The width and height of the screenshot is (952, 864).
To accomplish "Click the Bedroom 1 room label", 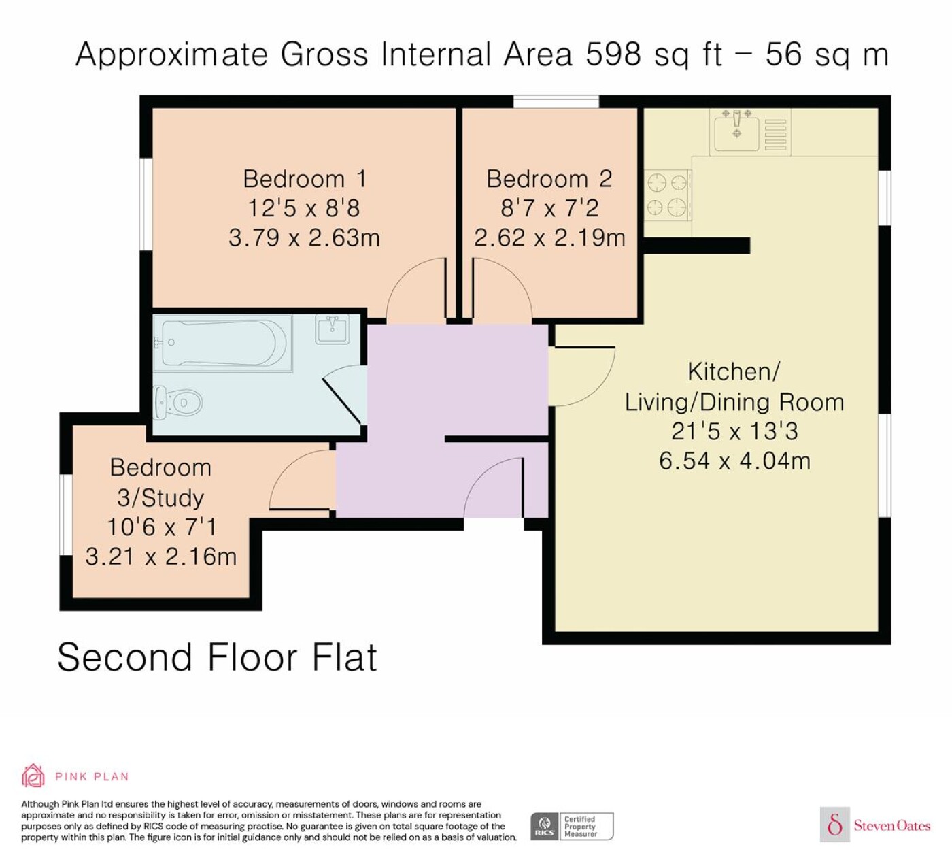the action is coord(305,179).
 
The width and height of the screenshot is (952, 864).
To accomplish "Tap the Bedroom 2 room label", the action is coord(549,179).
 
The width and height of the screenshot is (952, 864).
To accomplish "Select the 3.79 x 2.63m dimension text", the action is coord(304,237).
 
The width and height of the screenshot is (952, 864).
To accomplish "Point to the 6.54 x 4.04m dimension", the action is coord(734,461).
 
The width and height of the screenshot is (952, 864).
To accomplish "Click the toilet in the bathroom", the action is coord(178,403).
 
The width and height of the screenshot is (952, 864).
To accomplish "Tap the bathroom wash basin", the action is coord(333,329).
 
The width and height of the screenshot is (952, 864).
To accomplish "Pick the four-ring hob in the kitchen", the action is coord(668,195).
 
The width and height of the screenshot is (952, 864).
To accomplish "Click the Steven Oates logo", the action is coord(876,825).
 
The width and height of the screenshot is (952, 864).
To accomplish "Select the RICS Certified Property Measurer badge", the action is coord(572,827).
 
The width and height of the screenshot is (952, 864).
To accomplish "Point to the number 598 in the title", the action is coord(613,54).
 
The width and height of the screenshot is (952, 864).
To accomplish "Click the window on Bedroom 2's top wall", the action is coord(556,101).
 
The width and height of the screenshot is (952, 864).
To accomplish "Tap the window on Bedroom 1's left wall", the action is coord(146,204).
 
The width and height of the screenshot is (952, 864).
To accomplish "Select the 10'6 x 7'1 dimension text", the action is coord(161,527).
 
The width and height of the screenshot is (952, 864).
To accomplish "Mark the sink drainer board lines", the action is coord(775,135).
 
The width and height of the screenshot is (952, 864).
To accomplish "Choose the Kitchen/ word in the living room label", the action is coord(734,371).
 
